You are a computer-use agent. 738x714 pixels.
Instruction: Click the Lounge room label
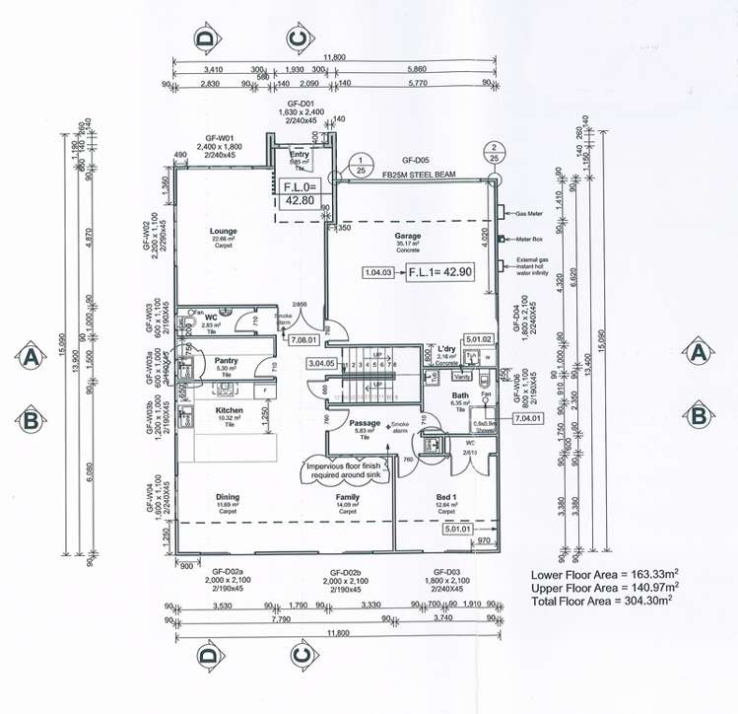click(x=224, y=232)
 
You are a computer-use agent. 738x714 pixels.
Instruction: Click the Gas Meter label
click(x=527, y=212)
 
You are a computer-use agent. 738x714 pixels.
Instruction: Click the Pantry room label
click(x=228, y=362)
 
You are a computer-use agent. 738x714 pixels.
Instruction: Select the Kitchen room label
click(x=229, y=410)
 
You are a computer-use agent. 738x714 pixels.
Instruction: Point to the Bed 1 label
click(x=446, y=497)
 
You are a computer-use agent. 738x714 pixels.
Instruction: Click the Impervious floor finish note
click(x=351, y=468)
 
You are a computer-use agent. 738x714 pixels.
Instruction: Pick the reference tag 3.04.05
click(x=324, y=363)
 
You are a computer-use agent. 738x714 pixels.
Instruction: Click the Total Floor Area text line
click(x=601, y=600)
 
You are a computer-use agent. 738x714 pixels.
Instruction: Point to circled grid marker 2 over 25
click(x=492, y=152)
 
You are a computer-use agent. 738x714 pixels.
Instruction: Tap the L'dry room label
click(x=444, y=349)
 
